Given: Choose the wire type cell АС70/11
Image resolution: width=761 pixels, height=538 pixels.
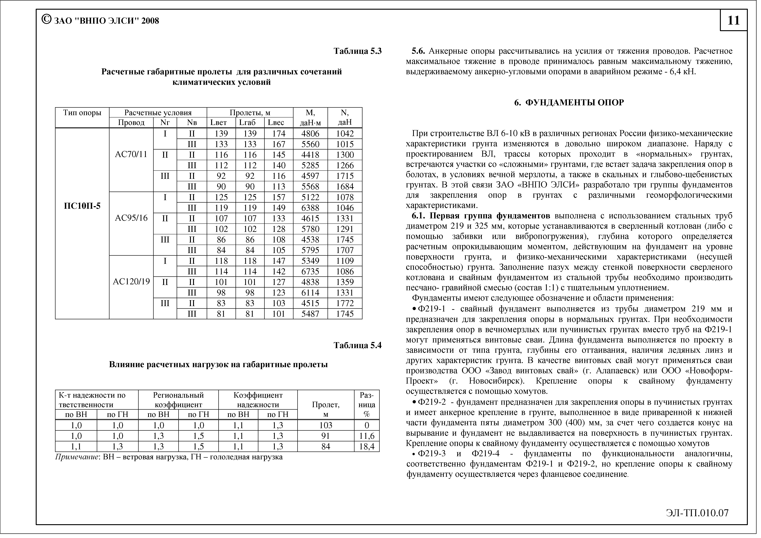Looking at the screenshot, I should pyautogui.click(x=131, y=154).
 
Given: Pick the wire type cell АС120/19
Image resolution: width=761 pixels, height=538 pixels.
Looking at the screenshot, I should pyautogui.click(x=131, y=282).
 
